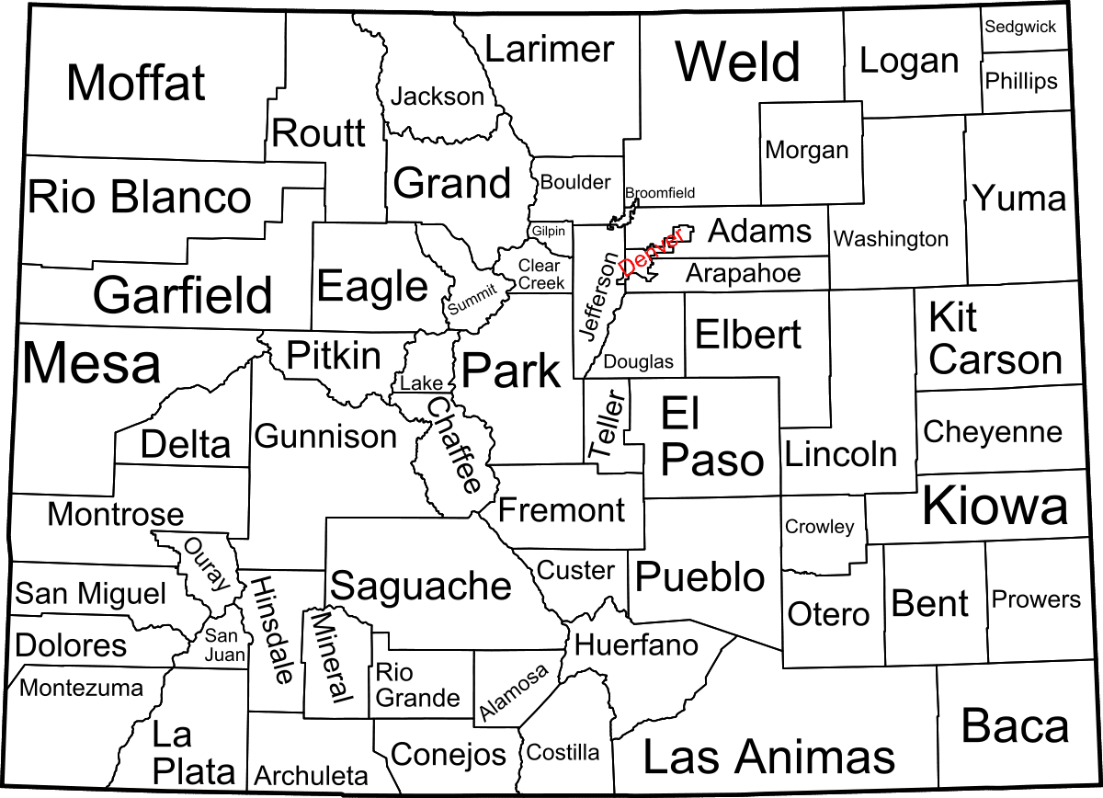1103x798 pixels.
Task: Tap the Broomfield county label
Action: click(660, 193)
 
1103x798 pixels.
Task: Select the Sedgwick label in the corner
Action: click(1020, 27)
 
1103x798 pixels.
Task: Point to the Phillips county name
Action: click(1021, 81)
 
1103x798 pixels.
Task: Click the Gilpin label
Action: click(549, 231)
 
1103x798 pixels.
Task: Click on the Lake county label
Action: click(421, 382)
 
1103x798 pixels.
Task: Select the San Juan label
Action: click(224, 644)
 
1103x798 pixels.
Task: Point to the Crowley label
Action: click(819, 527)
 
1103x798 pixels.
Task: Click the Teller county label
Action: click(607, 425)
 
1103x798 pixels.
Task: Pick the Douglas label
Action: click(638, 362)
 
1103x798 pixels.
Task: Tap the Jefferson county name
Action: click(599, 296)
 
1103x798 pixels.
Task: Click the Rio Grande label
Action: click(417, 685)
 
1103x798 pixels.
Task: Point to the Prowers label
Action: click(1035, 599)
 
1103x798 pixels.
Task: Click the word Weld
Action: click(738, 63)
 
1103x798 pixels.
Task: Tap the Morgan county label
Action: click(806, 149)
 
